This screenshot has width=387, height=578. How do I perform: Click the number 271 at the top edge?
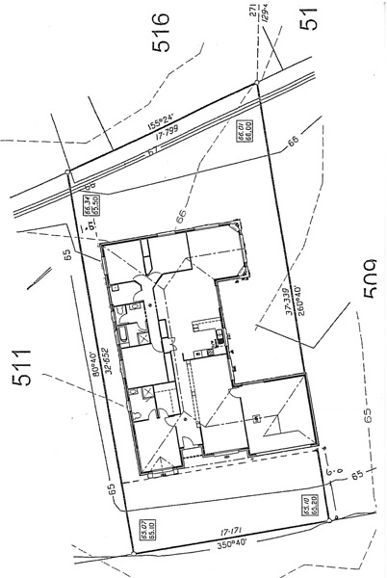click(255, 10)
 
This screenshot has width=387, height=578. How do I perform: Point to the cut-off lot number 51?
click(309, 19)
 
